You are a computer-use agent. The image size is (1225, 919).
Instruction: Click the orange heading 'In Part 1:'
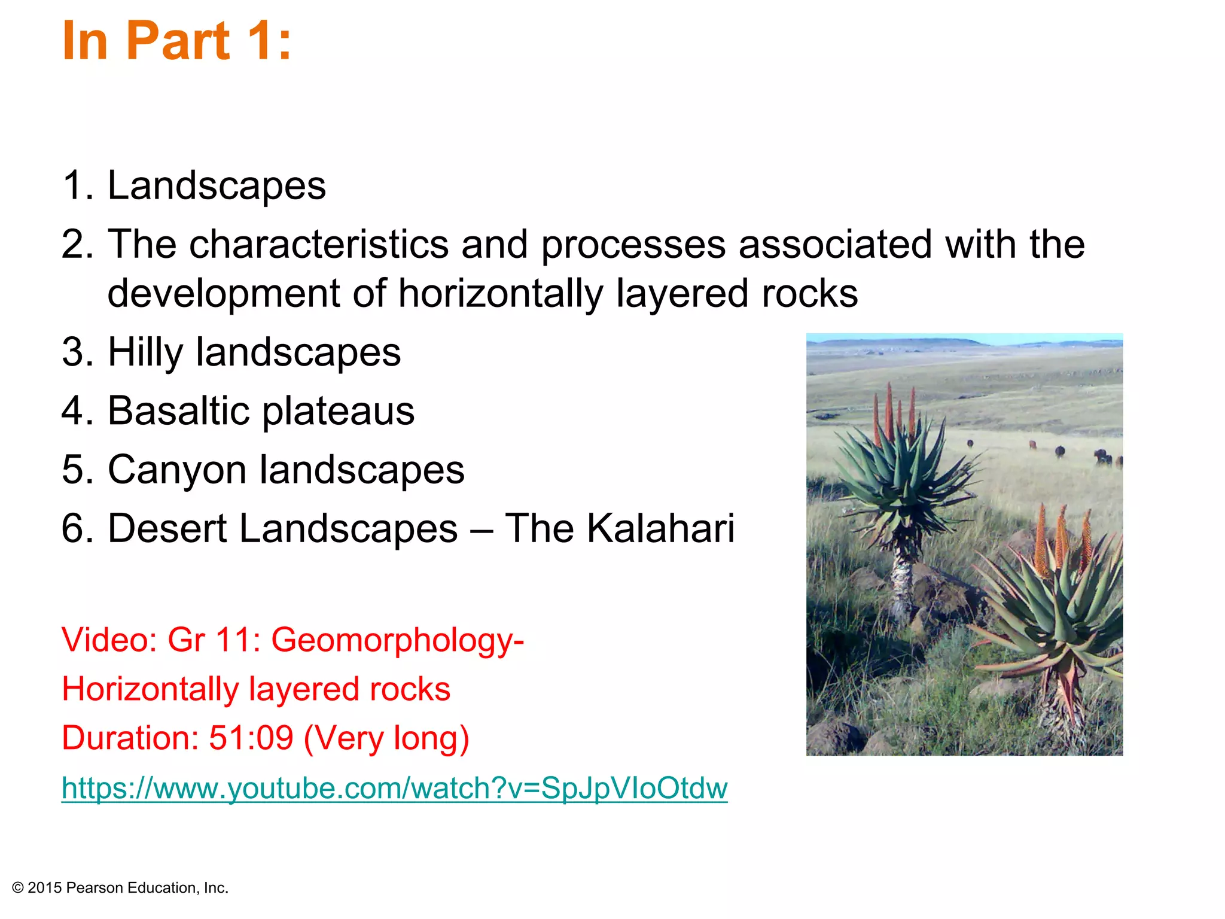(x=176, y=41)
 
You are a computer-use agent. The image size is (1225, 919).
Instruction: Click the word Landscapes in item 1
(x=217, y=185)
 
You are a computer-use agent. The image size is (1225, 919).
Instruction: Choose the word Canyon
(x=177, y=470)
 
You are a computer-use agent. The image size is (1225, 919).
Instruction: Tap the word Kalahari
(x=660, y=528)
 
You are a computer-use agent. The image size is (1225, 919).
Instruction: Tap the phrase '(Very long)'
(x=386, y=738)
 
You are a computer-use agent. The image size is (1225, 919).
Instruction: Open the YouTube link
(x=394, y=788)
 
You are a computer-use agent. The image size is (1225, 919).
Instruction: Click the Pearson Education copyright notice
(x=120, y=888)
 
